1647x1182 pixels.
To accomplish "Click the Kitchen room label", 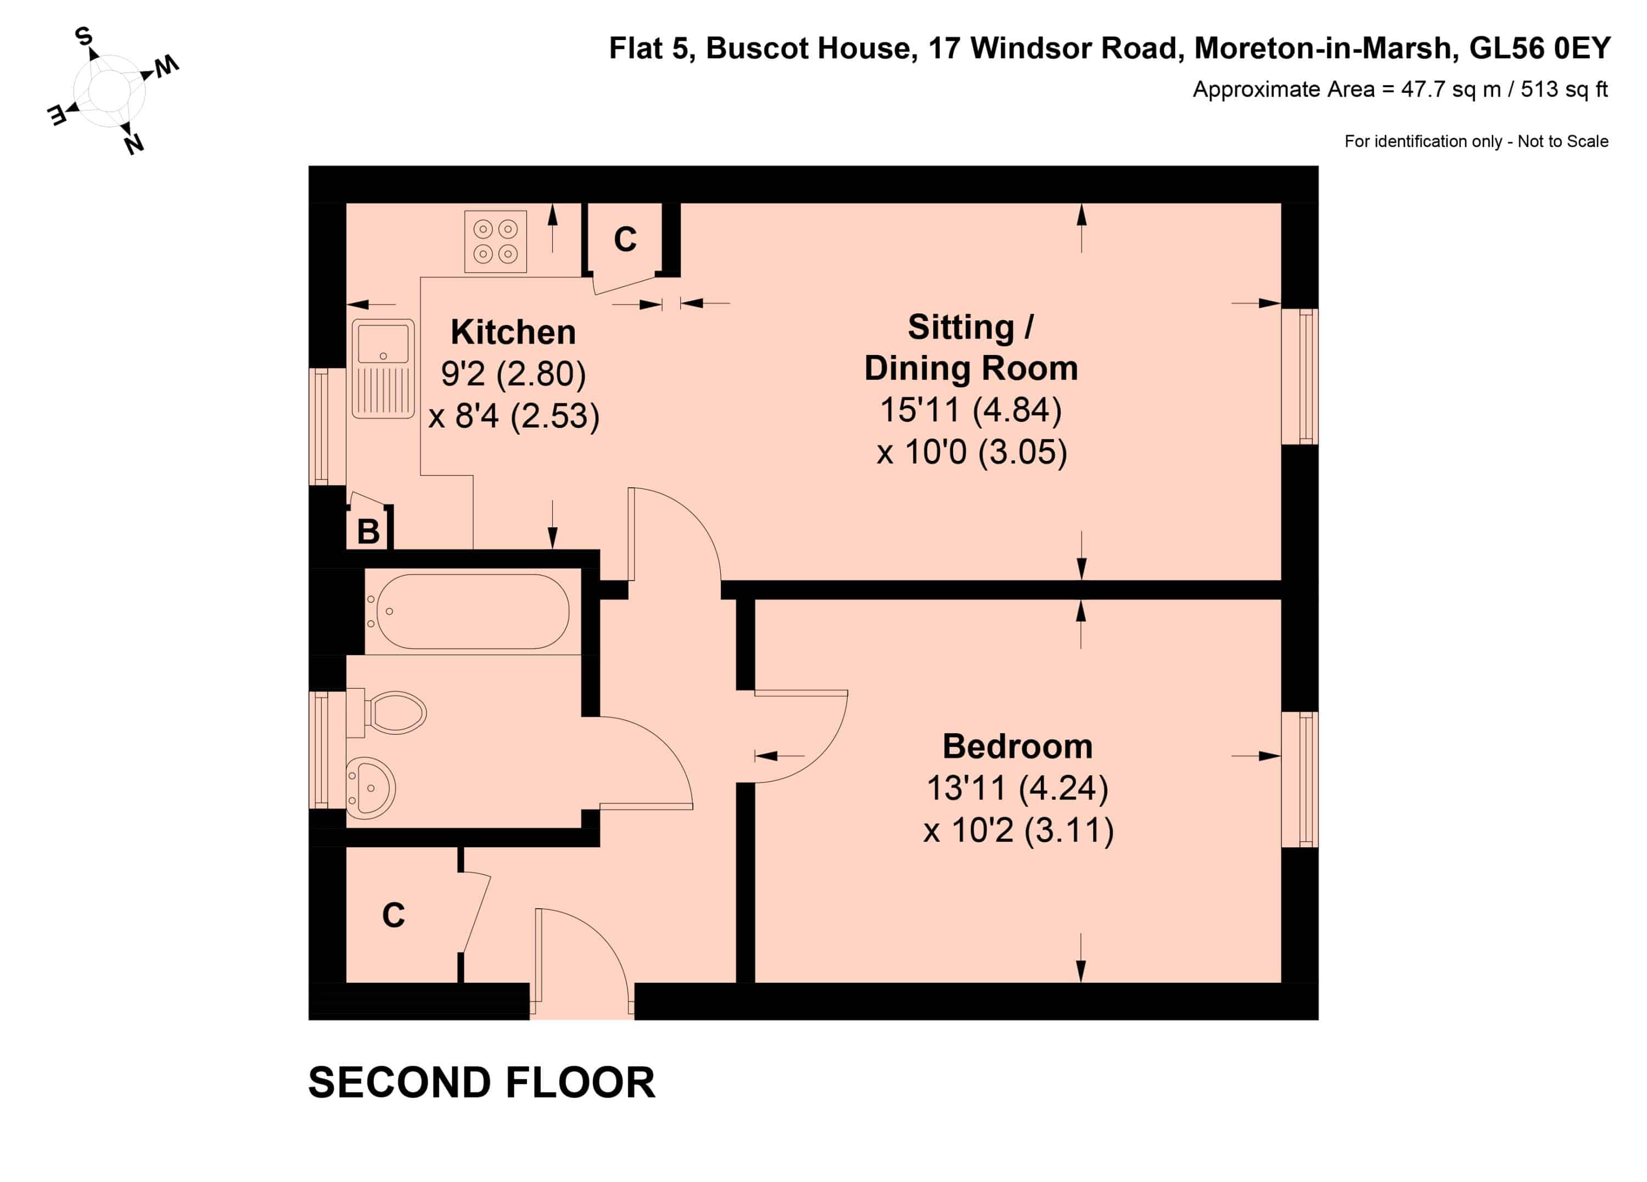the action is (513, 333).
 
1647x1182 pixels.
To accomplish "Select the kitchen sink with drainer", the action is (383, 369).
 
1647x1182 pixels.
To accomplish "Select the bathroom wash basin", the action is (371, 789).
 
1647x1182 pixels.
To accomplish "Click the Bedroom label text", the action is (1017, 746).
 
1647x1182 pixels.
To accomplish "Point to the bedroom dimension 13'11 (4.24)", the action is (1017, 789).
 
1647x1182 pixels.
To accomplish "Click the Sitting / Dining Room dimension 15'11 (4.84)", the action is (971, 410).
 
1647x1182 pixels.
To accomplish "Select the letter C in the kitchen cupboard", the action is (625, 240).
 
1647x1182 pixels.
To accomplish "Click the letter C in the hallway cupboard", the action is (394, 915).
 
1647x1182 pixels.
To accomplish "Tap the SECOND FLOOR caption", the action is (481, 1083).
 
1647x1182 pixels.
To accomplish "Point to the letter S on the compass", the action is (84, 36).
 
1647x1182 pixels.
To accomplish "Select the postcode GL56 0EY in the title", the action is (1539, 49).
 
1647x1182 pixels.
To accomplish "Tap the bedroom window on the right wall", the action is (1300, 780).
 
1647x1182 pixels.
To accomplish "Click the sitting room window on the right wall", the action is (1300, 376).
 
